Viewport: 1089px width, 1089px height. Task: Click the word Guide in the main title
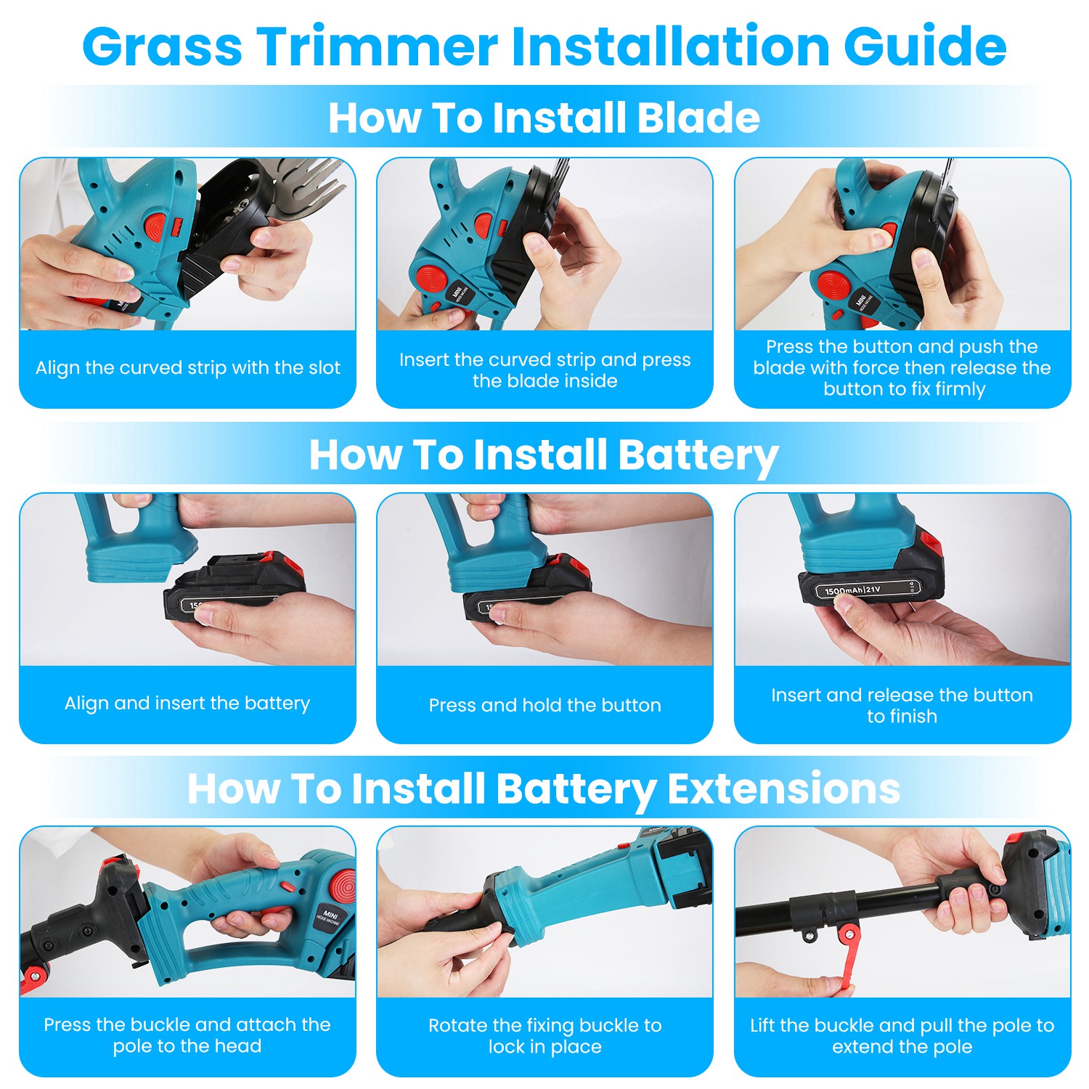click(925, 46)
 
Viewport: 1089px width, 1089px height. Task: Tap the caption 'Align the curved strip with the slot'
click(188, 368)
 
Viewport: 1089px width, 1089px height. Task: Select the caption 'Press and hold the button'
click(544, 705)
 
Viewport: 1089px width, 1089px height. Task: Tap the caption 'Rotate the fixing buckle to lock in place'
click(544, 1036)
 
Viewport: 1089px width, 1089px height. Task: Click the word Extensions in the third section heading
click(783, 788)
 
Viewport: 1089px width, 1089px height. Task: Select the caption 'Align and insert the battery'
click(187, 703)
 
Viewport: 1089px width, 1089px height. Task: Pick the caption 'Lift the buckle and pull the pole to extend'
click(902, 1036)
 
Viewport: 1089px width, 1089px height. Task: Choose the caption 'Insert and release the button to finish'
click(902, 706)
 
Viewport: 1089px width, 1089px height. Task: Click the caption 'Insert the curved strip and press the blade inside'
click(544, 370)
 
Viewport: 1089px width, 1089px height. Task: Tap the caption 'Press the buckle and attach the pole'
click(187, 1035)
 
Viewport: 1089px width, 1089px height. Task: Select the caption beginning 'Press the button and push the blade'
click(902, 367)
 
